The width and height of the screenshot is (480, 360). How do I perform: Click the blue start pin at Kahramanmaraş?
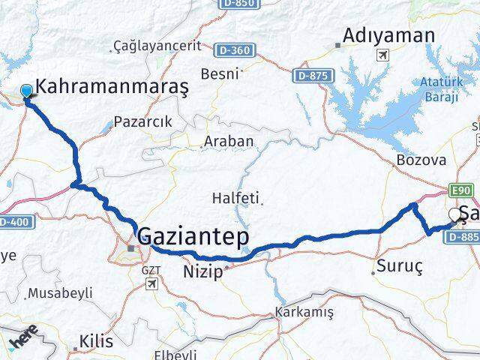tap(27, 91)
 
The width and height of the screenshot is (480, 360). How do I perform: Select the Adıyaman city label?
tap(389, 35)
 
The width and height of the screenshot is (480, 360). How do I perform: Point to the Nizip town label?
tap(202, 272)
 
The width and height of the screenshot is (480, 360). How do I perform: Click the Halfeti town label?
tap(236, 199)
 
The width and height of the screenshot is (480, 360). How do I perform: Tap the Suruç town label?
tap(400, 266)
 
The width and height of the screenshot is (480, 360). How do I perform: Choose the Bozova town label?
tap(421, 160)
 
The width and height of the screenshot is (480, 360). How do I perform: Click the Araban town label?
tap(229, 141)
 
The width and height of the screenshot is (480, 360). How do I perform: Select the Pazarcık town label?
tap(143, 121)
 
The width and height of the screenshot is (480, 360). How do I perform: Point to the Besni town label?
tap(220, 73)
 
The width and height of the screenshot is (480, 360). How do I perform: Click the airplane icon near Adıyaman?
tap(384, 55)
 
